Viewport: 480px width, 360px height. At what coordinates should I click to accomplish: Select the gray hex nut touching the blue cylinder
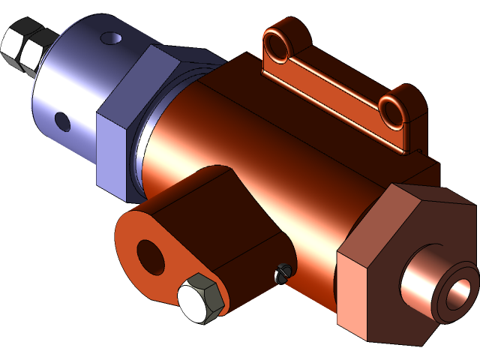click(34, 56)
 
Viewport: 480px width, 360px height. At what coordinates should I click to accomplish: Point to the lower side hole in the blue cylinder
click(61, 120)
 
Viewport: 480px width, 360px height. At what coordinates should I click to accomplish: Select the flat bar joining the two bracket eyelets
click(330, 86)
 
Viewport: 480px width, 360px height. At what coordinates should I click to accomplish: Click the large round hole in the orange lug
click(151, 257)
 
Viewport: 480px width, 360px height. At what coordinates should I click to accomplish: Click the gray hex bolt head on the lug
click(201, 298)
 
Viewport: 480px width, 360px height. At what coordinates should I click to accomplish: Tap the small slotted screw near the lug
click(283, 274)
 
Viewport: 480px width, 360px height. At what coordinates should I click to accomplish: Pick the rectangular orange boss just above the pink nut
click(412, 169)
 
